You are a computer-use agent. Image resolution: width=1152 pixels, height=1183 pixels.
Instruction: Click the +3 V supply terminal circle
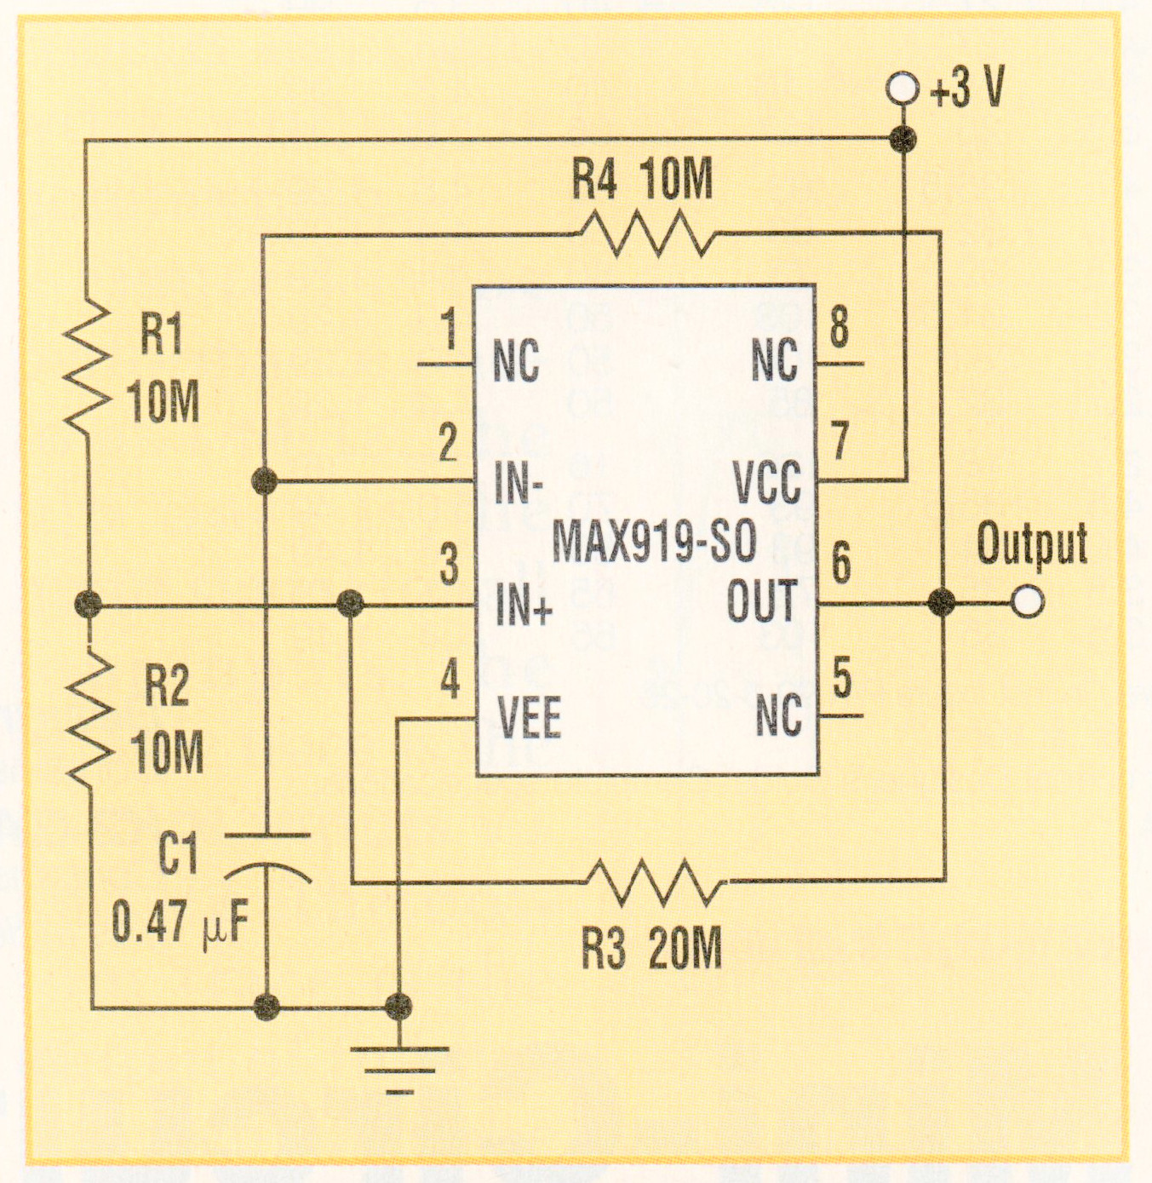(x=902, y=89)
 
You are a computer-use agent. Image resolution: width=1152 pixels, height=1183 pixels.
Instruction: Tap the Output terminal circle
(x=1028, y=602)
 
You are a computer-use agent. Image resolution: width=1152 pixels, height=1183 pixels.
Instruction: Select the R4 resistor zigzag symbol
(x=647, y=233)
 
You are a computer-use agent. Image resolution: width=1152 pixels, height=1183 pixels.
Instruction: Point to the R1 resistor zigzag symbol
(x=88, y=365)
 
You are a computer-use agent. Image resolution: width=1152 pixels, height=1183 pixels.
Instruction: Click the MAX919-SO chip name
(x=654, y=541)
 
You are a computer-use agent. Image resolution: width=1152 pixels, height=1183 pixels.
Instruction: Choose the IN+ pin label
(x=524, y=606)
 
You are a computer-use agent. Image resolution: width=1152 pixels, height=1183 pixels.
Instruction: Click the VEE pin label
(x=529, y=718)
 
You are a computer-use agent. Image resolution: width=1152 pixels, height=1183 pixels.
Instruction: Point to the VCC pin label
(x=766, y=483)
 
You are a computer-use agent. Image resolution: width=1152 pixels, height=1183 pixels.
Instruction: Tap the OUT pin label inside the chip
(x=761, y=602)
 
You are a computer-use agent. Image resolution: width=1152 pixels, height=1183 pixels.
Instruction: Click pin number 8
(x=839, y=327)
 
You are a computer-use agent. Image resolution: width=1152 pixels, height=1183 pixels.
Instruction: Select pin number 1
(x=449, y=329)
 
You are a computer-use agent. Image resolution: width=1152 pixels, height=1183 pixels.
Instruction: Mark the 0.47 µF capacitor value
(x=180, y=922)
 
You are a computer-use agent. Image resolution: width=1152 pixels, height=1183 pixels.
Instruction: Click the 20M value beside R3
(x=685, y=948)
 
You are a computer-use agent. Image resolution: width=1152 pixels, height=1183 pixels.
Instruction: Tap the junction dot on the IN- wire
(x=265, y=481)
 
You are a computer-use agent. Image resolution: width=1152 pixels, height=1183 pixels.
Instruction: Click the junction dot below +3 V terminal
(x=903, y=139)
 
